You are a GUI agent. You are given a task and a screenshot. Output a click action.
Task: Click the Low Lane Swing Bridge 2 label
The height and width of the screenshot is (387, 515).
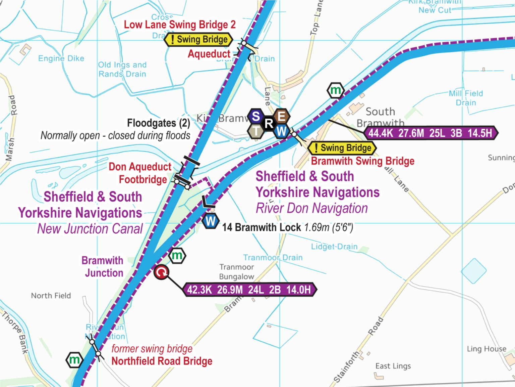click(180, 25)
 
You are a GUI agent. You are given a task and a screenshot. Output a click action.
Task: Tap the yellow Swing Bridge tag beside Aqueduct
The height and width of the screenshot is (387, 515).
click(198, 40)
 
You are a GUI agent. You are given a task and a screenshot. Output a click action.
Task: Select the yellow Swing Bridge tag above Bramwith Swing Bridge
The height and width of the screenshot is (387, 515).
click(342, 148)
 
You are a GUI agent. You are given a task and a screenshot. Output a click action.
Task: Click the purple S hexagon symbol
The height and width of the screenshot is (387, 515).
click(256, 116)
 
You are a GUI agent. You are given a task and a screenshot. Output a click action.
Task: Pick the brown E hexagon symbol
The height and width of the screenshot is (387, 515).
click(281, 116)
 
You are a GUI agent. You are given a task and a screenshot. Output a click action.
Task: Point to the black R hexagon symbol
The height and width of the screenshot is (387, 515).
click(269, 123)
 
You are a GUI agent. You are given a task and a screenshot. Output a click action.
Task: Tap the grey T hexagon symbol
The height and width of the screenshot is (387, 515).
click(256, 131)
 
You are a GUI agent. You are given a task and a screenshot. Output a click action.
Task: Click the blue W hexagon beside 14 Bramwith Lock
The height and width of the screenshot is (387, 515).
click(211, 221)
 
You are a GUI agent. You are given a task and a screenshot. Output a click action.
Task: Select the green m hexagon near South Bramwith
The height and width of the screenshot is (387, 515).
click(335, 90)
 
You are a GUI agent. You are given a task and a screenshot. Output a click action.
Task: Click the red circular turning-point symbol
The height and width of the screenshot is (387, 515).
click(161, 272)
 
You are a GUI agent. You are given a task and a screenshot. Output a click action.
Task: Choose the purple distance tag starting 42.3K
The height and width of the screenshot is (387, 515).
click(249, 290)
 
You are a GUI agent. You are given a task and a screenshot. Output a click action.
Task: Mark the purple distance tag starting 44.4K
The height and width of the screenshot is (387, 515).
click(431, 133)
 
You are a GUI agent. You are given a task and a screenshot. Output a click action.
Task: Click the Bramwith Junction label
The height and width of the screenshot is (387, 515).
click(103, 267)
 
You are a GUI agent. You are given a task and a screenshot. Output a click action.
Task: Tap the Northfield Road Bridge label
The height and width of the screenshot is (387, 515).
click(162, 361)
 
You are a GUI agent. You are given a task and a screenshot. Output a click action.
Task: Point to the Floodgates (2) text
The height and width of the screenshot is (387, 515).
click(158, 123)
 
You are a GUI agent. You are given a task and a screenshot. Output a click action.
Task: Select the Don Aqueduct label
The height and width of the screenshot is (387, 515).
click(140, 167)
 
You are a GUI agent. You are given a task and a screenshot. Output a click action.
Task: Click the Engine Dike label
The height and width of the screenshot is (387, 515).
click(61, 58)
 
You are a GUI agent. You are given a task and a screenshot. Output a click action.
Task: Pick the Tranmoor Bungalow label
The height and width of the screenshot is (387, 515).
click(237, 272)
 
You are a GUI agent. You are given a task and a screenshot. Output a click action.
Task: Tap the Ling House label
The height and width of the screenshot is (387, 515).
click(487, 349)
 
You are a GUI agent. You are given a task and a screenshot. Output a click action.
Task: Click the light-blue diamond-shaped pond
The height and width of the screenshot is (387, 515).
click(474, 271)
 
